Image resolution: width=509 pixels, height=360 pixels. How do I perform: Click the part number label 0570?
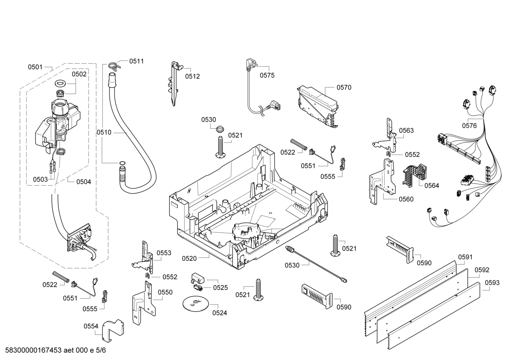(343, 87)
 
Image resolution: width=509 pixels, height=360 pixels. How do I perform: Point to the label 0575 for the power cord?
(267, 75)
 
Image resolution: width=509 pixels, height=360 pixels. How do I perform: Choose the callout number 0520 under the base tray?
(189, 259)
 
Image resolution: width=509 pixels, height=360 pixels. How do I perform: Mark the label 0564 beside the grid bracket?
(431, 185)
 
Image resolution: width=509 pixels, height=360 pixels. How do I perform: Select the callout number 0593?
(492, 282)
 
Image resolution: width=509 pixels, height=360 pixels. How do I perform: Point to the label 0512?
(192, 76)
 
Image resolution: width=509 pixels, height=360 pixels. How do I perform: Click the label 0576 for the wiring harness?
(469, 125)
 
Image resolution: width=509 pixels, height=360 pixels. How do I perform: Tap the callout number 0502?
(79, 74)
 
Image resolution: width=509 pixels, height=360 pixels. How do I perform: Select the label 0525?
(220, 288)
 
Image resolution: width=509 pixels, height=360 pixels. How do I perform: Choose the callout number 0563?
(406, 130)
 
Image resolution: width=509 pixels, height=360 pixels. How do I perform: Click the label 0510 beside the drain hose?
(104, 132)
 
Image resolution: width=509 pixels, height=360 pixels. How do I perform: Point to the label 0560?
(406, 199)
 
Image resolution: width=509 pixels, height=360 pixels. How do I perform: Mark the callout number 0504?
(84, 182)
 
